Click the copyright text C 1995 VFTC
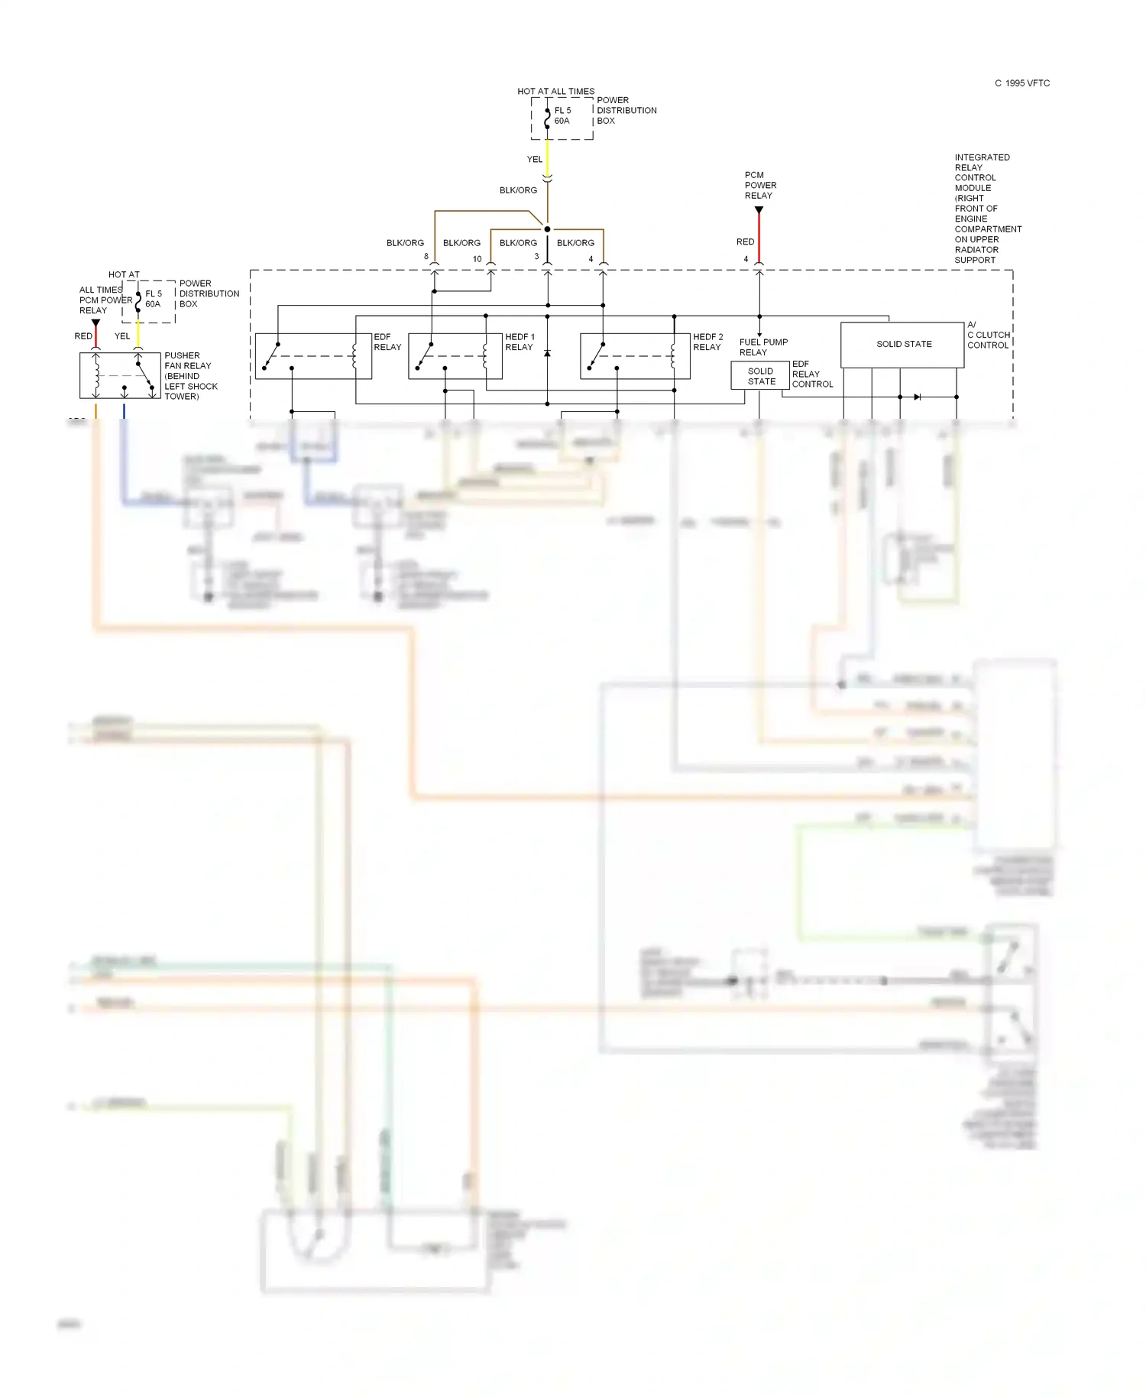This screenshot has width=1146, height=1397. tap(1021, 83)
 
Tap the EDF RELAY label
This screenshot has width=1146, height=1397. tap(387, 342)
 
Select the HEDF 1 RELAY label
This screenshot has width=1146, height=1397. tap(520, 342)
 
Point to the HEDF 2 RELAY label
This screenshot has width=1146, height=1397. tap(707, 342)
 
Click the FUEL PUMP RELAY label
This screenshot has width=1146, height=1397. tap(762, 347)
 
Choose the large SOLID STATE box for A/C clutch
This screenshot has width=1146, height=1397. tap(902, 345)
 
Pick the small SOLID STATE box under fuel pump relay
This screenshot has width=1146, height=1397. tap(760, 376)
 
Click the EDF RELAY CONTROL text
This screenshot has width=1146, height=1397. tap(811, 374)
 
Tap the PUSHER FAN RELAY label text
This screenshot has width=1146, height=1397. tap(190, 376)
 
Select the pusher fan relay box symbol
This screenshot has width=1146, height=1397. tap(120, 375)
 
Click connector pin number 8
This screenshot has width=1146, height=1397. tap(426, 257)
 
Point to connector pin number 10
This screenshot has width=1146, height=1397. tap(477, 259)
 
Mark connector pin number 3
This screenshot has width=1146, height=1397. tap(536, 257)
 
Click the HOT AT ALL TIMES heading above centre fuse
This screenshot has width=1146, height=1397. tap(555, 92)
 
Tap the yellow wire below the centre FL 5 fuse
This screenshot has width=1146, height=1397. tap(547, 158)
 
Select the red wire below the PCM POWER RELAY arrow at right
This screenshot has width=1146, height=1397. tap(759, 237)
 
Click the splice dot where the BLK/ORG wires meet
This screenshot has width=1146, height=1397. tap(547, 229)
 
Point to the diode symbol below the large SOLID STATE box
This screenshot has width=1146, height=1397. tap(917, 397)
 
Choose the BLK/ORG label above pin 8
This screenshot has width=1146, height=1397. tap(405, 243)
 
